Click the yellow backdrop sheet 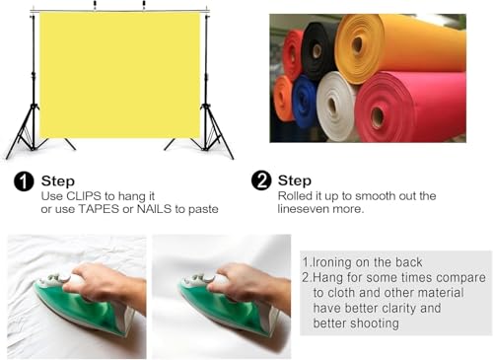click(x=119, y=75)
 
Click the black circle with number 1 click(x=24, y=181)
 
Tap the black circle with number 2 click(x=261, y=180)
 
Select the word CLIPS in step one click(x=84, y=196)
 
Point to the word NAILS click(x=154, y=209)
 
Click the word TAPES click(x=99, y=209)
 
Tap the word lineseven click(x=304, y=209)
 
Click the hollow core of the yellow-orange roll click(x=357, y=44)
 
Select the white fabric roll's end click(x=332, y=106)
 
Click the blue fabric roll click(x=304, y=102)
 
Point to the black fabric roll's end click(x=317, y=50)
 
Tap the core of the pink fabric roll click(x=378, y=115)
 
